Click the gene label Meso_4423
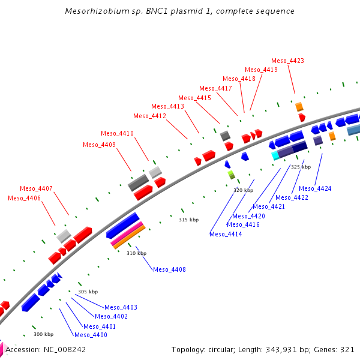coord(287,61)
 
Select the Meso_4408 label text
coord(169,269)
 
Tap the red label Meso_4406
coord(25,198)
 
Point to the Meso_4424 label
coord(315,188)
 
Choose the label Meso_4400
coord(91,335)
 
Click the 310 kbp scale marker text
coord(136,253)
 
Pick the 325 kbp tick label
coord(301,167)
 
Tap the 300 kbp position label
coord(43,334)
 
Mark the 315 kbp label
coord(188,220)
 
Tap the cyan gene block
coord(275,155)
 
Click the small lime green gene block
coord(231,175)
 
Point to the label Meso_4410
coord(117,133)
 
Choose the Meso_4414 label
coord(226,234)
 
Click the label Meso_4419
coord(261,70)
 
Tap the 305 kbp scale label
coord(88,292)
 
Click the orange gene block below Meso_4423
coord(299,107)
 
